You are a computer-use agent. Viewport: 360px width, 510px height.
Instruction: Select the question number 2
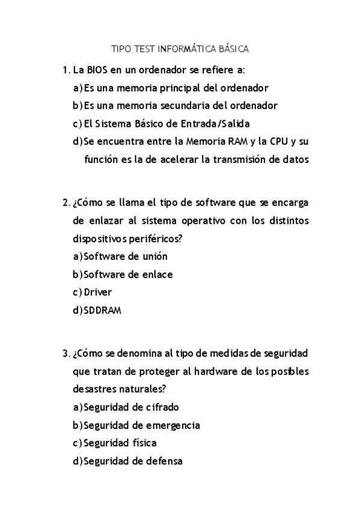coord(66,202)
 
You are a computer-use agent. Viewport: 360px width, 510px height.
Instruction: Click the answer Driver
coord(98,293)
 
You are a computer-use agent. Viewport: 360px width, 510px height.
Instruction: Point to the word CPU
coord(278,142)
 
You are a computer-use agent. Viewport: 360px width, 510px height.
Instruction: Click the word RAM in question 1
coord(236,142)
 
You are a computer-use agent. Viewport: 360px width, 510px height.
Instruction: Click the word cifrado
coord(158,407)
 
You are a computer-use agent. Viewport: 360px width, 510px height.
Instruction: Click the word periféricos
coord(154,239)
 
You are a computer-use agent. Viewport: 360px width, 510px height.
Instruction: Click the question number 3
coord(66,353)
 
